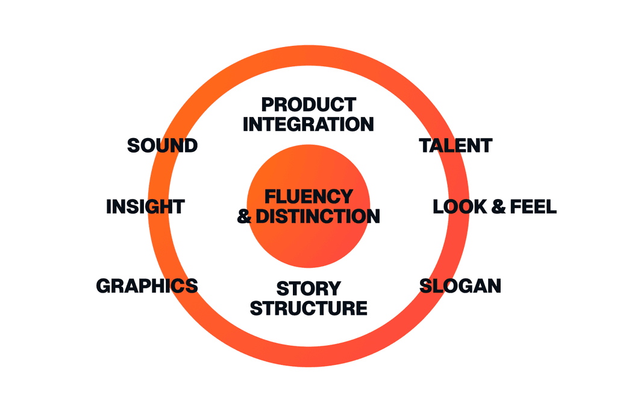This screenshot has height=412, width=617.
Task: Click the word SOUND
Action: [x=162, y=145]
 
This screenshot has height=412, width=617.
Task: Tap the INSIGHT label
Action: [x=145, y=207]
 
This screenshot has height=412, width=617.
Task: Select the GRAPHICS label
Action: [x=146, y=285]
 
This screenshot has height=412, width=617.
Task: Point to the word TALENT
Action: [x=456, y=145]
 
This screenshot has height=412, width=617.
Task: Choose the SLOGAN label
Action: [x=460, y=285]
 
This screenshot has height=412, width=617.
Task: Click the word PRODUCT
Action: [x=308, y=104]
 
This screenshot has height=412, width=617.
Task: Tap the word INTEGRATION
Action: [x=308, y=124]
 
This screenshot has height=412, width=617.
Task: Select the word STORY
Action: [x=308, y=288]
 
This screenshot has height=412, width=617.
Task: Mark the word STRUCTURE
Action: [x=308, y=308]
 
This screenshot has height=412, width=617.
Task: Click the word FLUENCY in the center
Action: [x=309, y=196]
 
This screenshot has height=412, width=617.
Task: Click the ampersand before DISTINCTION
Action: [x=244, y=216]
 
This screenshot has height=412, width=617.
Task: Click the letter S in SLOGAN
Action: [x=426, y=285]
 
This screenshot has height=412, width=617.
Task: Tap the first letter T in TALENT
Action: [x=425, y=145]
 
